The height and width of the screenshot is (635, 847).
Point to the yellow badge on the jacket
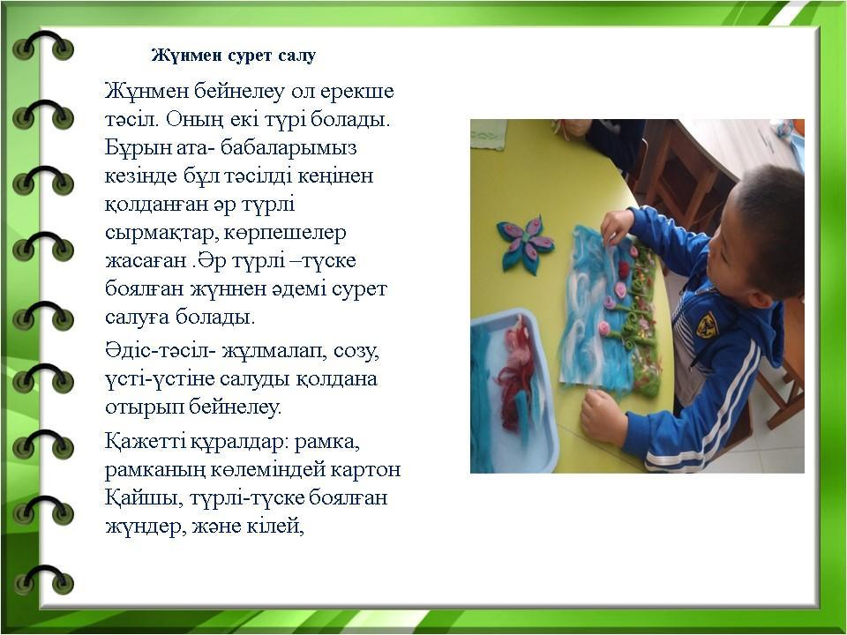(x=706, y=325)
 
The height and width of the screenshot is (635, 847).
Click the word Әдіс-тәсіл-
(x=161, y=352)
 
